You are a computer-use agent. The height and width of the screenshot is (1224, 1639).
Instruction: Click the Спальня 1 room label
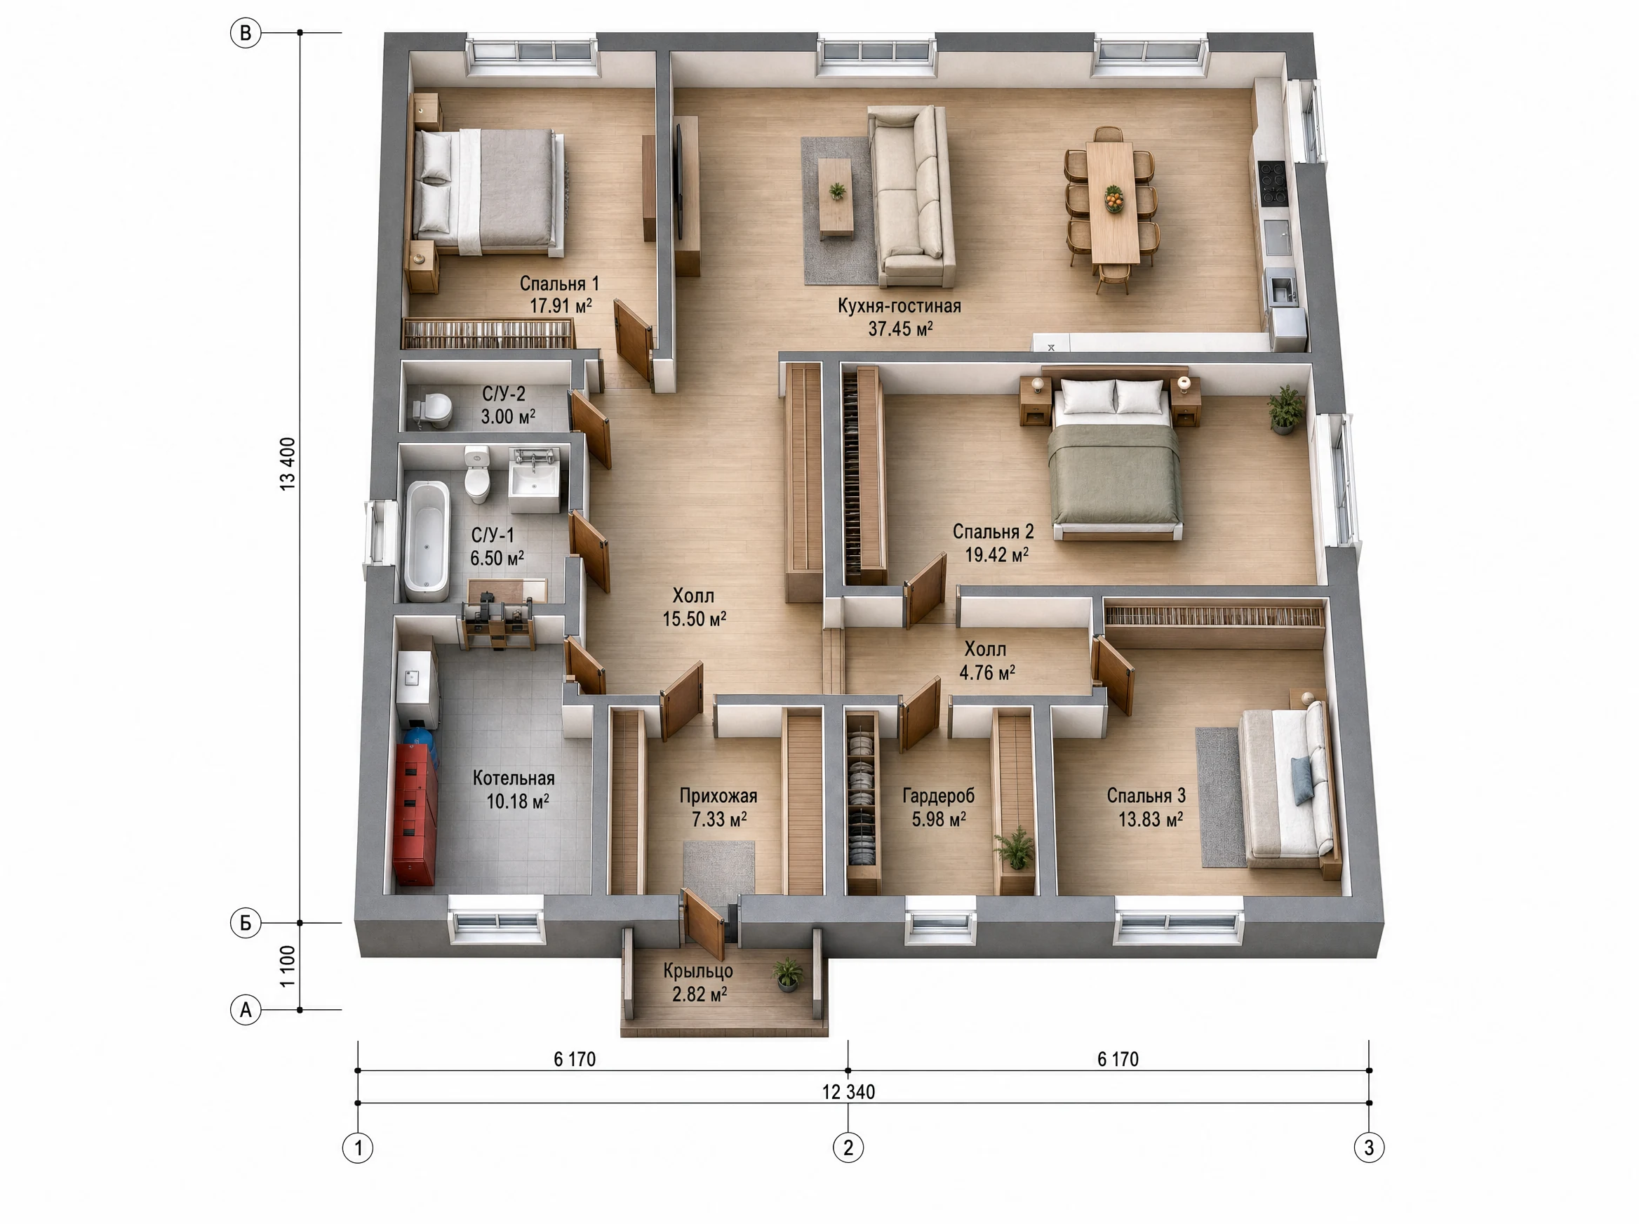(559, 284)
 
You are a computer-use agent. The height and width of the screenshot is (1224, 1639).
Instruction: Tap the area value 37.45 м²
(900, 328)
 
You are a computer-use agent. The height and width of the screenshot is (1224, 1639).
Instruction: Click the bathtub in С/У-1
(427, 540)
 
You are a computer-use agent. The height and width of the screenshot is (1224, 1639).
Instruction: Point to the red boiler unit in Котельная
(415, 815)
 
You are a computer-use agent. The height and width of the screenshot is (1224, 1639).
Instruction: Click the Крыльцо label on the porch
(697, 971)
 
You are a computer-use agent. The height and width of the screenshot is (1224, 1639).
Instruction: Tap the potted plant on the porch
(787, 974)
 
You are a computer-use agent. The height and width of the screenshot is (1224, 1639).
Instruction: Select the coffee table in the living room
(836, 197)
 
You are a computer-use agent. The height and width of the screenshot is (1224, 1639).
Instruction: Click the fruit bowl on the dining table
(1114, 199)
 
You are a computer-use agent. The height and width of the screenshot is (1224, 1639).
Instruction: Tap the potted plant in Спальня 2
(1285, 409)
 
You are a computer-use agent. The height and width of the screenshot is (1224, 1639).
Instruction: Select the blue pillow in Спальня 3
(1302, 781)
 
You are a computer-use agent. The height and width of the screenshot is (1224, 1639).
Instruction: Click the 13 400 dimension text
(288, 464)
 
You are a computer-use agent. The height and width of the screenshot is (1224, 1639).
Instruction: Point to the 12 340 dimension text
(849, 1092)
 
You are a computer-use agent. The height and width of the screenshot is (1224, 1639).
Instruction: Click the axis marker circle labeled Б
(245, 923)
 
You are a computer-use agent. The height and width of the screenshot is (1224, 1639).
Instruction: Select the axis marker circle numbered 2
(848, 1147)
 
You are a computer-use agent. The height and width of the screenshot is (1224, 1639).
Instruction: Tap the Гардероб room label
(938, 796)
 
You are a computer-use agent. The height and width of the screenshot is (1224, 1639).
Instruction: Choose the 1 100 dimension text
(288, 966)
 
